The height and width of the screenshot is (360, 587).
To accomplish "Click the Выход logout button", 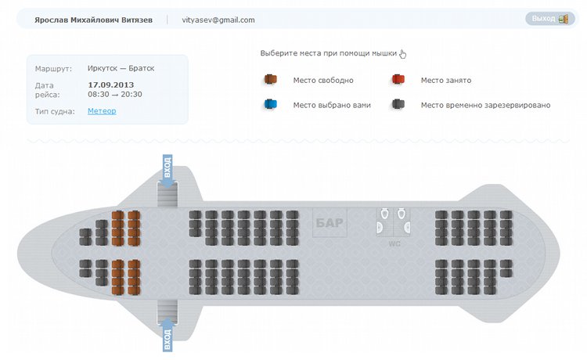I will (550, 19).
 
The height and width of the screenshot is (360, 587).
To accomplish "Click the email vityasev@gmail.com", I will (218, 20).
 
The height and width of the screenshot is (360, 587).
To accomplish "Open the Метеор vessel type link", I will (102, 111).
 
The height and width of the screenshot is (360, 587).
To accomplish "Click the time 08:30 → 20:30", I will (115, 94).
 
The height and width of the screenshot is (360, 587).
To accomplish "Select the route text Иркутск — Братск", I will (121, 68).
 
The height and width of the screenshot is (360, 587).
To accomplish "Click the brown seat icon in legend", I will (271, 80).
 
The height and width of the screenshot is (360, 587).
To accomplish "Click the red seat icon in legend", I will (398, 80).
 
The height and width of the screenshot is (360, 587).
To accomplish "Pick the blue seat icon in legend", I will (271, 105).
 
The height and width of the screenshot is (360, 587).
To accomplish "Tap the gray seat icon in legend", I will (398, 105).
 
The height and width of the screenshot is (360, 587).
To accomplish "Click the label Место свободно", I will (323, 80).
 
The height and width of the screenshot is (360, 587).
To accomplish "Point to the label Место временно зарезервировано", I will (485, 105).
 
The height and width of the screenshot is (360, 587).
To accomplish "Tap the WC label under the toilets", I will (394, 243).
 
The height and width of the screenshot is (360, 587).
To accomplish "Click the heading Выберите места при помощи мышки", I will (329, 54).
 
